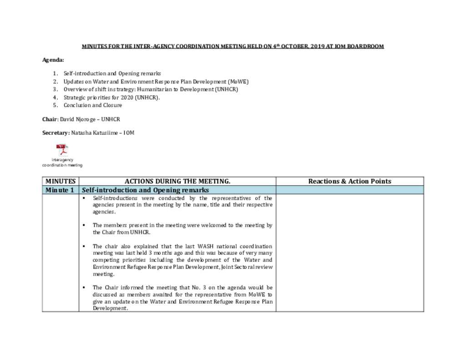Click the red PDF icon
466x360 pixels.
pos(62,150)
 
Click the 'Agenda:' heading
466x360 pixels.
pos(53,60)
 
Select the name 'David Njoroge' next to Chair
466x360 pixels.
pos(77,119)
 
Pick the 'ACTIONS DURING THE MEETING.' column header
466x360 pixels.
pos(177,181)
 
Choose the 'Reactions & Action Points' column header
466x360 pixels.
pos(349,181)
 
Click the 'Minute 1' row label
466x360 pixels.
pos(60,190)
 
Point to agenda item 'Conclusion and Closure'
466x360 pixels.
pos(93,105)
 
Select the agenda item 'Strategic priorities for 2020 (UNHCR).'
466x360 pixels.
pos(112,97)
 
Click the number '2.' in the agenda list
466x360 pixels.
pos(55,81)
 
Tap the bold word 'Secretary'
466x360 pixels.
pos(56,133)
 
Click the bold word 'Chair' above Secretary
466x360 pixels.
pos(50,119)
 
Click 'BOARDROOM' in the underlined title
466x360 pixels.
pos(365,46)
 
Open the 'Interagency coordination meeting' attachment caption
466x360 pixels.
pos(62,162)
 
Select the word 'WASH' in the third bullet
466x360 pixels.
pos(204,246)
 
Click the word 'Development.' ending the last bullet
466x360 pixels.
pos(110,308)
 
